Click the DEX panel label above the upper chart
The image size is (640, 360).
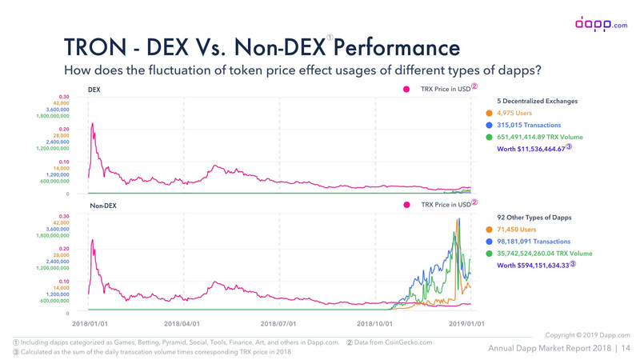94,89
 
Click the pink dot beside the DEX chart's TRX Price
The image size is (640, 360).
407,89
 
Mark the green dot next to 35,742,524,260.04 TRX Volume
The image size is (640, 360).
490,253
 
